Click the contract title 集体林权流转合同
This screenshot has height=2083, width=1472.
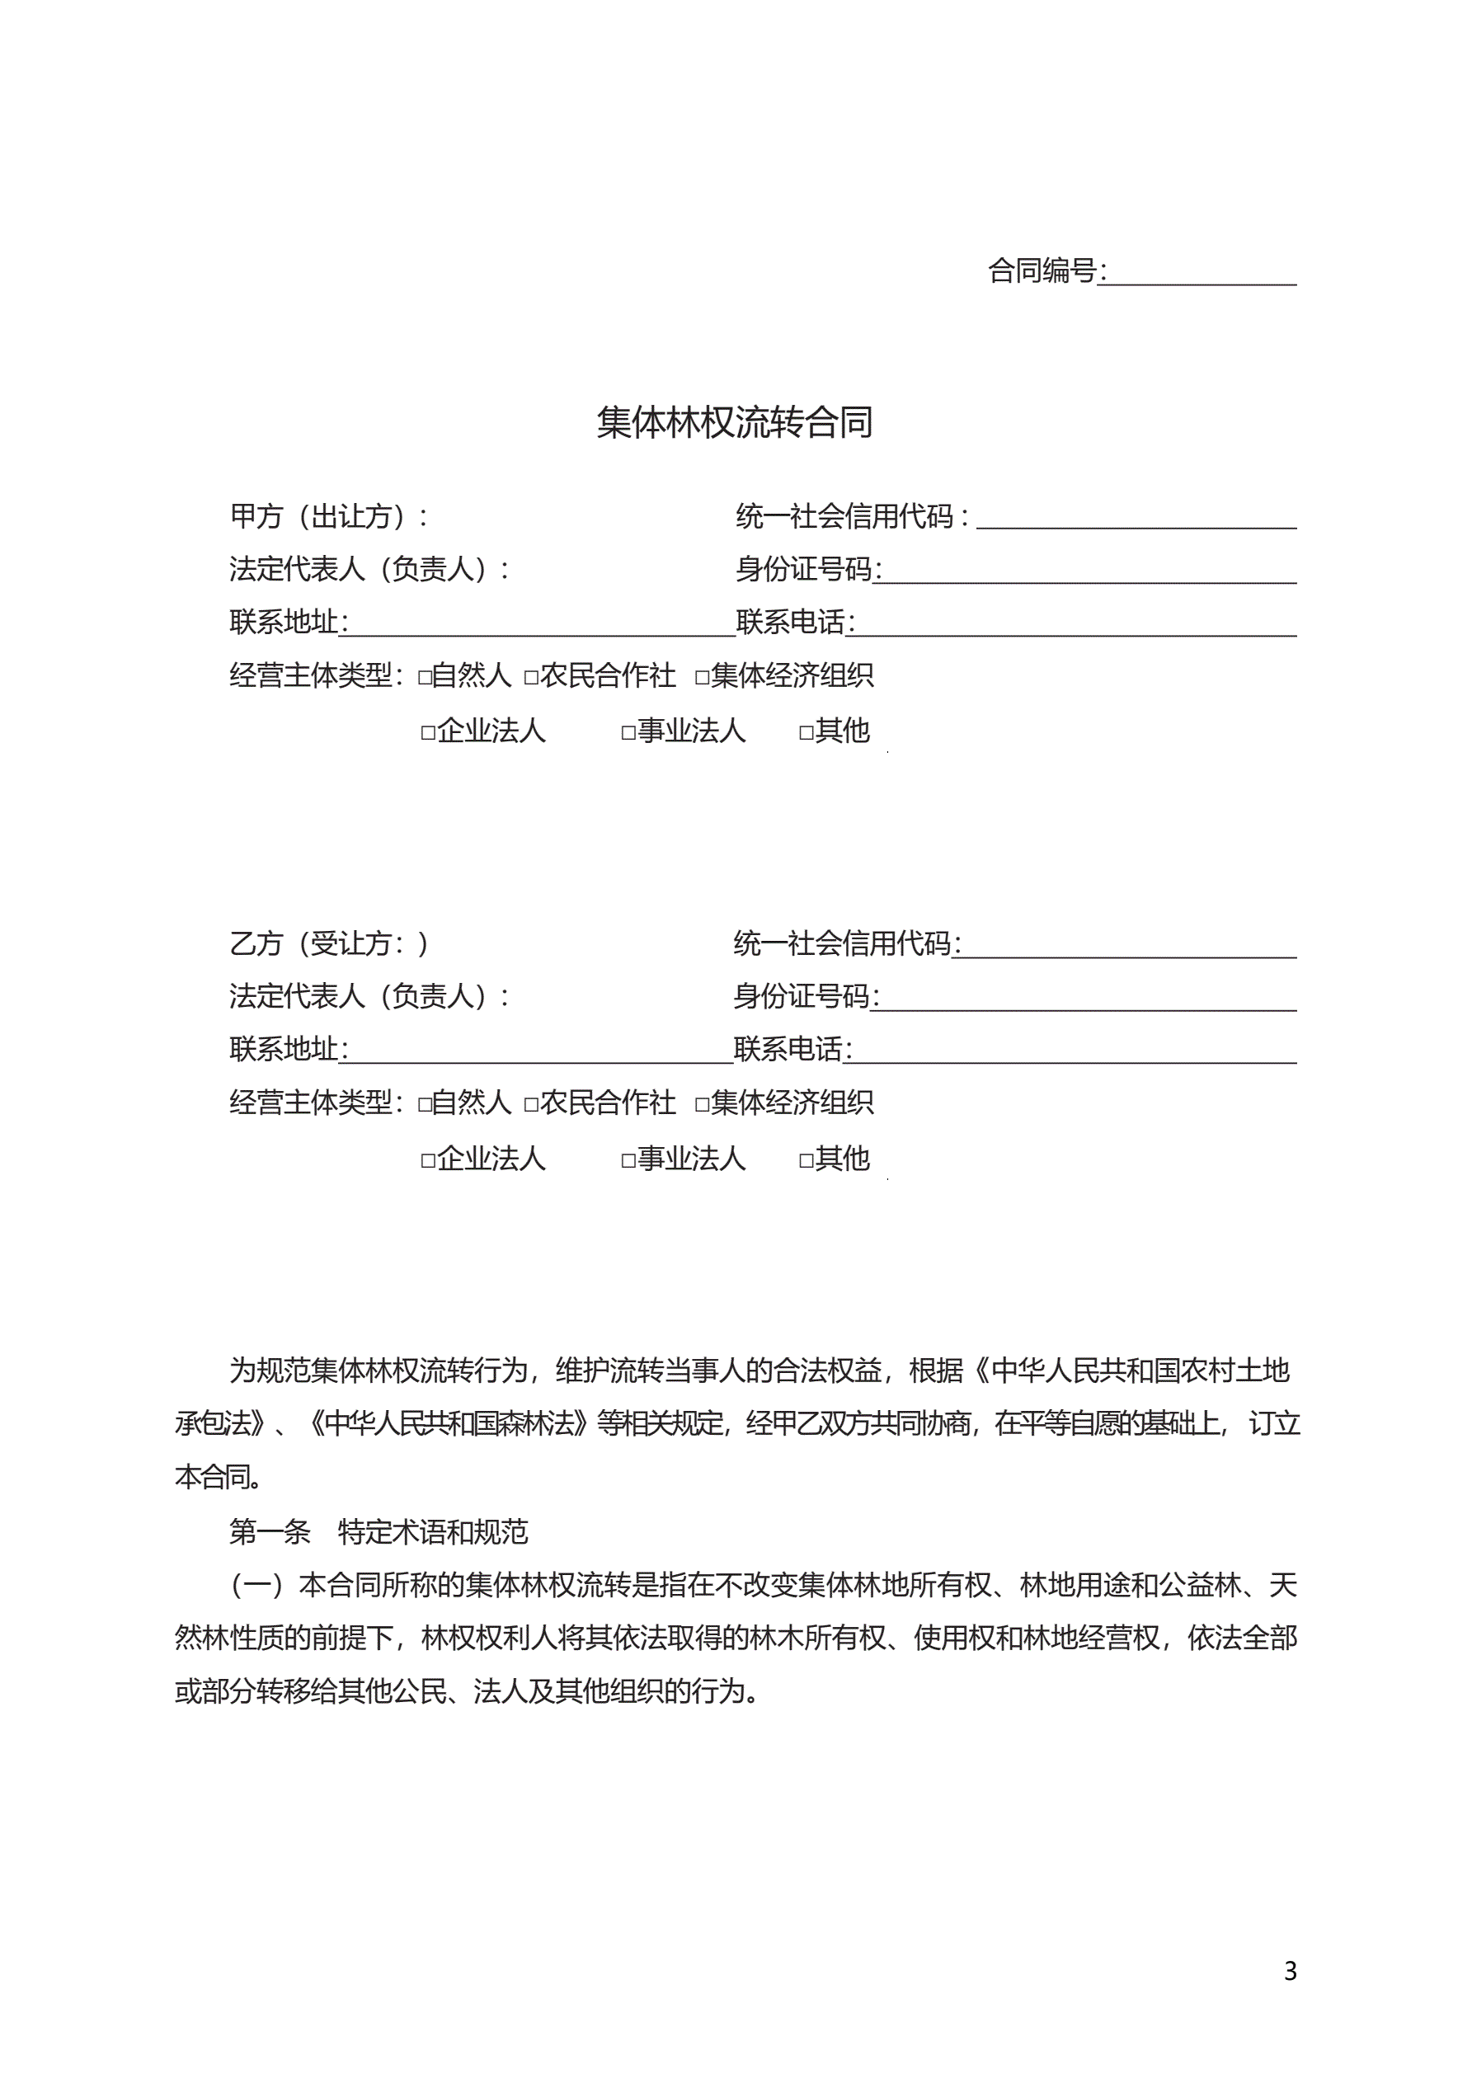click(x=734, y=423)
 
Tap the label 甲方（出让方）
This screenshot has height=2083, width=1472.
click(x=327, y=517)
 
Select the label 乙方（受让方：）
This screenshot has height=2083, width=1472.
click(x=327, y=944)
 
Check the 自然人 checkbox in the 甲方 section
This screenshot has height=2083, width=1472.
click(x=425, y=678)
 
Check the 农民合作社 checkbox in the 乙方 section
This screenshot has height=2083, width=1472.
click(x=531, y=1105)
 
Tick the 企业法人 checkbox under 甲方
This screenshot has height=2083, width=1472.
click(x=428, y=733)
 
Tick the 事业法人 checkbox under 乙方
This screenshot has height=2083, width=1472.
click(x=628, y=1160)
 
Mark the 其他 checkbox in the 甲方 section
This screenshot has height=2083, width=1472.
click(x=806, y=733)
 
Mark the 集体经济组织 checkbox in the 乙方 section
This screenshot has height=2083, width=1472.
click(x=702, y=1105)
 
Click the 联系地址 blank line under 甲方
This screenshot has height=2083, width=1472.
click(x=541, y=624)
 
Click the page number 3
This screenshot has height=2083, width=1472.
click(x=1290, y=1972)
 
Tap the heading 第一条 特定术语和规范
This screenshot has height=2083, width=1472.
click(x=378, y=1532)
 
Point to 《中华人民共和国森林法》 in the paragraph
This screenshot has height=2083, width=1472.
click(x=449, y=1424)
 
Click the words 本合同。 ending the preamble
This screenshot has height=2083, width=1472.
click(x=219, y=1478)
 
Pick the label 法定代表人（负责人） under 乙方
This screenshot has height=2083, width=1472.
click(x=368, y=997)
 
